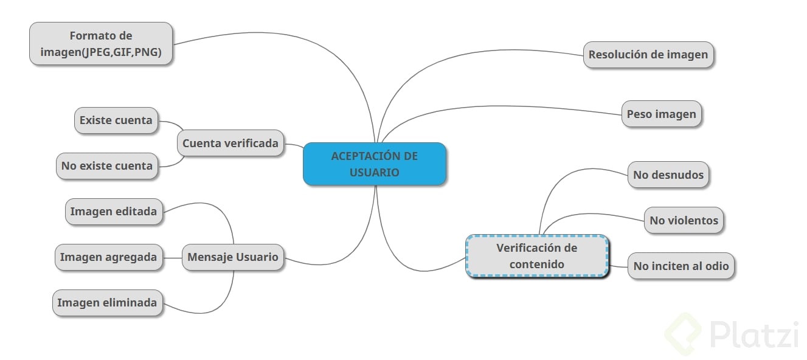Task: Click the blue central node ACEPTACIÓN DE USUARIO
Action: [374, 164]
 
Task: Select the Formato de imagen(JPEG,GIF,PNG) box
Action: [101, 44]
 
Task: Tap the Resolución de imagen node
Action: [648, 55]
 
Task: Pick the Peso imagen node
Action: [661, 114]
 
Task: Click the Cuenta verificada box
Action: [230, 144]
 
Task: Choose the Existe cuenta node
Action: [116, 120]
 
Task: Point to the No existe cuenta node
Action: [107, 166]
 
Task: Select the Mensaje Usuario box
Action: [232, 257]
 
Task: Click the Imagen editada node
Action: [113, 212]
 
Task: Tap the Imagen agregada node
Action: [108, 257]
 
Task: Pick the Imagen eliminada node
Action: [107, 303]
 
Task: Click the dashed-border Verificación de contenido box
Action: [536, 256]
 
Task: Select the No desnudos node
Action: [668, 175]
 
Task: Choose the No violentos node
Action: [684, 220]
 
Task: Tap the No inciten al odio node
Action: [681, 266]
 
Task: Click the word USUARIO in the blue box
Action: [374, 172]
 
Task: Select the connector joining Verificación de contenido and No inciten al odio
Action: [618, 266]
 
